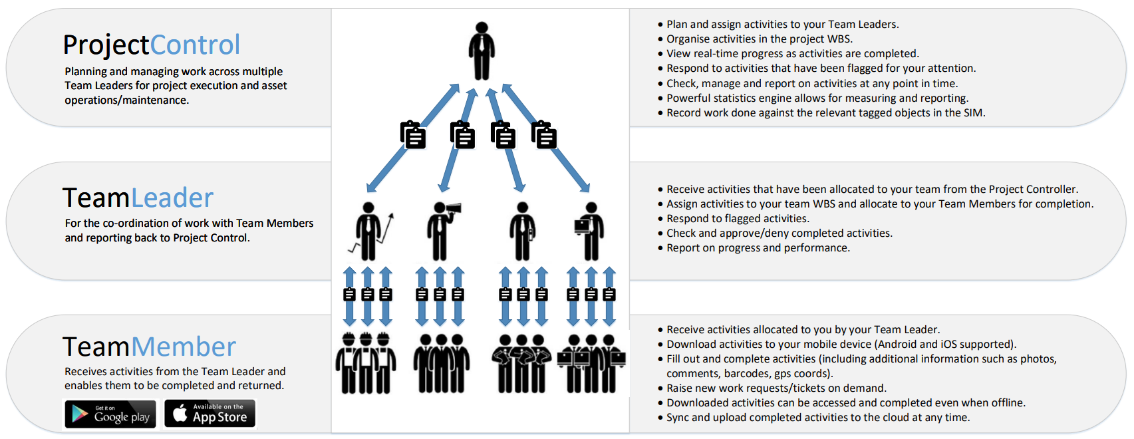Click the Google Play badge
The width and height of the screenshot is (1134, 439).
point(110,414)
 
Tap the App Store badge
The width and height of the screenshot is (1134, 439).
point(210,413)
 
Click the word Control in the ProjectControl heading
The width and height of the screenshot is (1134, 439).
point(195,45)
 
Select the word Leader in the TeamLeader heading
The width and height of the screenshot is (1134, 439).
point(172,198)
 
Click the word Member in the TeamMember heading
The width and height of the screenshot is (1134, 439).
point(183,347)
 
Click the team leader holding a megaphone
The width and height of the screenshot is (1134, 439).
point(441,230)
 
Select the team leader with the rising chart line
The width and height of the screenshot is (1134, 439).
point(370,230)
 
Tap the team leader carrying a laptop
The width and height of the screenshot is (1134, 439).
point(589,230)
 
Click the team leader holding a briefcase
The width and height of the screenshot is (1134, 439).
point(523,230)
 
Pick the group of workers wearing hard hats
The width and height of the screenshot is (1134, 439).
point(365,363)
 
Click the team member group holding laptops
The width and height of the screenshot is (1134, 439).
point(591,363)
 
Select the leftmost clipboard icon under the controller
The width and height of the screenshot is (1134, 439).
point(413,134)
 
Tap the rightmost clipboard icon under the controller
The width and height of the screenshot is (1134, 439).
point(544,134)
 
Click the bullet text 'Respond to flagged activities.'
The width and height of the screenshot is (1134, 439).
point(738,218)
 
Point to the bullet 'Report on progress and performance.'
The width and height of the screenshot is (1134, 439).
point(758,247)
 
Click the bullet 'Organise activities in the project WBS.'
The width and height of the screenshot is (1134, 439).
point(759,39)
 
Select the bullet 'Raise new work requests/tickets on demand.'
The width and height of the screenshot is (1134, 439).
point(776,388)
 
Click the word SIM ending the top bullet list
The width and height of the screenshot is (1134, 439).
point(973,112)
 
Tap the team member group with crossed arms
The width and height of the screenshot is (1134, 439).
point(521,363)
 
